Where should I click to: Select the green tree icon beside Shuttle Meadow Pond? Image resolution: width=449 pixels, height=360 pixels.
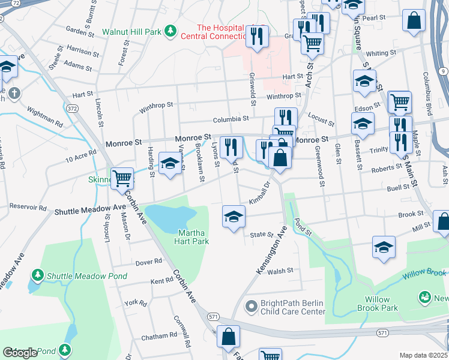38,275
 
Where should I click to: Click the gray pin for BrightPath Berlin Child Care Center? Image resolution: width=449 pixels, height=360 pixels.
252,307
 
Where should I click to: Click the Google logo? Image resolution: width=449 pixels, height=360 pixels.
20,353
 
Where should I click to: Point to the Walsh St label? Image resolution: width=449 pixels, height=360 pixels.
280,271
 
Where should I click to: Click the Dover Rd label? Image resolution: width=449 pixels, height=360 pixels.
149,262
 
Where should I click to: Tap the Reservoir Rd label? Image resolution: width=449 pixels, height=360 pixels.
27,208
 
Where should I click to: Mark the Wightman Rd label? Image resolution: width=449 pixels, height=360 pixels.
45,116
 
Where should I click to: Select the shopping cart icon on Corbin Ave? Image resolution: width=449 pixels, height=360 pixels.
122,177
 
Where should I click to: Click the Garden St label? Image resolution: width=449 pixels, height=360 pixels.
77,30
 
